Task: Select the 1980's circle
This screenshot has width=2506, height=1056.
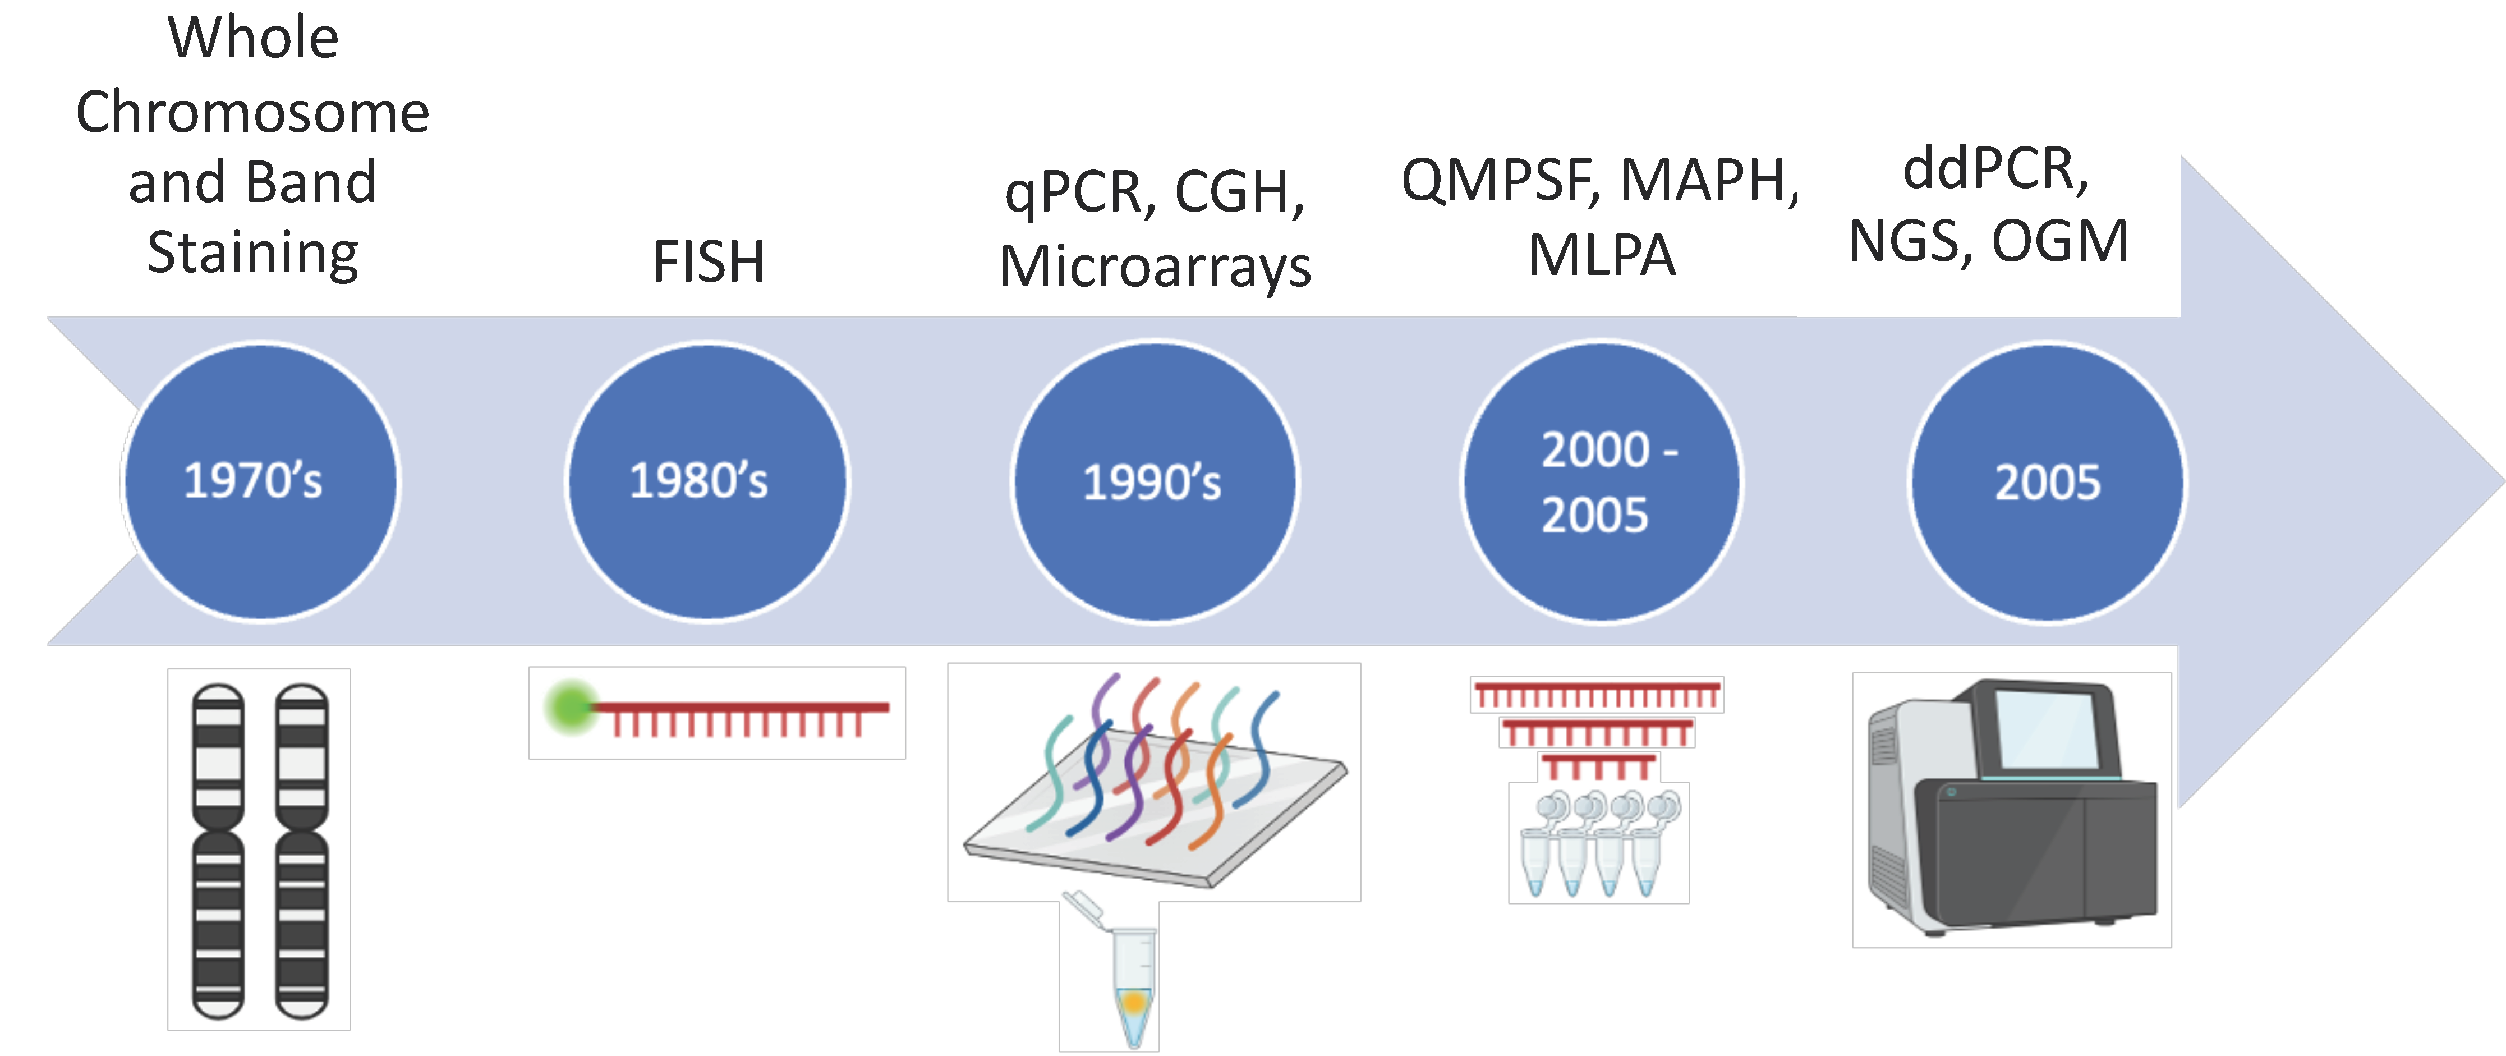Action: point(707,481)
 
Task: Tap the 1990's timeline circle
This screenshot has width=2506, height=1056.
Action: point(1155,481)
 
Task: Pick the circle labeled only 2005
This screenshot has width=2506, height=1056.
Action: point(2047,481)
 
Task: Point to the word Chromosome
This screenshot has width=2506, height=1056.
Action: point(253,112)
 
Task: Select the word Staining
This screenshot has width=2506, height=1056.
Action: point(253,253)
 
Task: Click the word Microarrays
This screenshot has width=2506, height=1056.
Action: point(1155,267)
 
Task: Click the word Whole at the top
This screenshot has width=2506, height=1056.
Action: point(253,38)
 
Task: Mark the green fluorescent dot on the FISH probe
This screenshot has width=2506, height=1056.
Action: point(570,708)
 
